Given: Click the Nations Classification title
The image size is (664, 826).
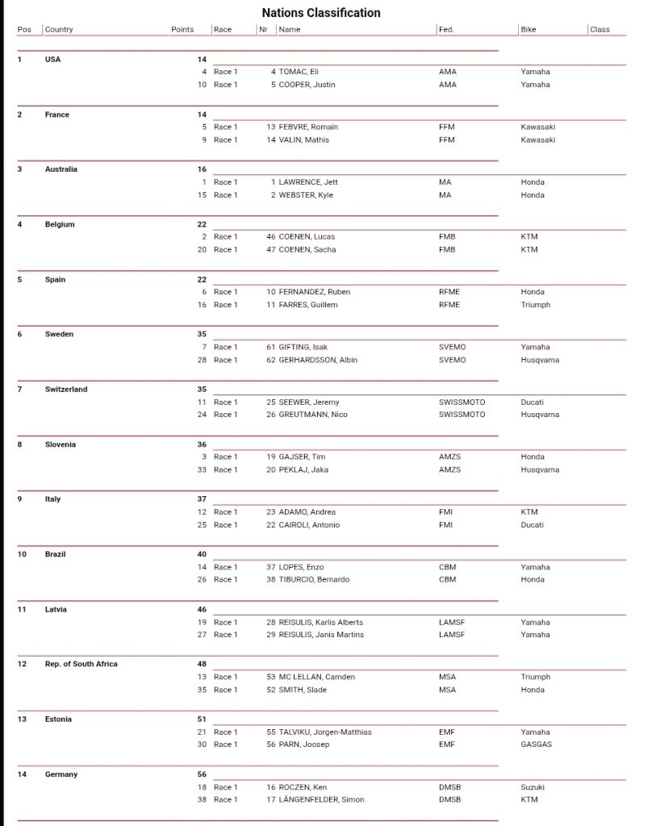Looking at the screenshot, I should pyautogui.click(x=321, y=13).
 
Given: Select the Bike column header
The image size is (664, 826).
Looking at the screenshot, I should pyautogui.click(x=528, y=30).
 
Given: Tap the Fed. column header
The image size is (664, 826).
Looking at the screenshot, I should pyautogui.click(x=446, y=30).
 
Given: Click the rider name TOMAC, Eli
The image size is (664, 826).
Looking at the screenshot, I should pyautogui.click(x=299, y=72).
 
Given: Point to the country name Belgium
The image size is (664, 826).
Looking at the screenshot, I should pyautogui.click(x=60, y=224).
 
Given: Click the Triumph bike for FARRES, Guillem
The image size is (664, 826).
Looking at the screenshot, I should pyautogui.click(x=536, y=305).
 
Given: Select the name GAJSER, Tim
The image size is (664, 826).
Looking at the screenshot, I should pyautogui.click(x=302, y=457).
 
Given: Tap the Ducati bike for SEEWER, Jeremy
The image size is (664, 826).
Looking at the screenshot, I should pyautogui.click(x=532, y=402).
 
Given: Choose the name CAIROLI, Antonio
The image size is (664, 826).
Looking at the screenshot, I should pyautogui.click(x=309, y=525).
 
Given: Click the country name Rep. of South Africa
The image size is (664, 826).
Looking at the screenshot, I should pyautogui.click(x=81, y=664).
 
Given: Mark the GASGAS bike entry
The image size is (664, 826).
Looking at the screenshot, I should pyautogui.click(x=537, y=745).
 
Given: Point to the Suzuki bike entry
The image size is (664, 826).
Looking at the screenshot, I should pyautogui.click(x=533, y=786).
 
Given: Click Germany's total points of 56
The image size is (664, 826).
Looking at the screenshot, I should pyautogui.click(x=202, y=774).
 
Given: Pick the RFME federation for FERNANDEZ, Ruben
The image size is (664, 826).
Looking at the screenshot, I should pyautogui.click(x=449, y=292).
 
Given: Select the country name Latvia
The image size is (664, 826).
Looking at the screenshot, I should pyautogui.click(x=56, y=609).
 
